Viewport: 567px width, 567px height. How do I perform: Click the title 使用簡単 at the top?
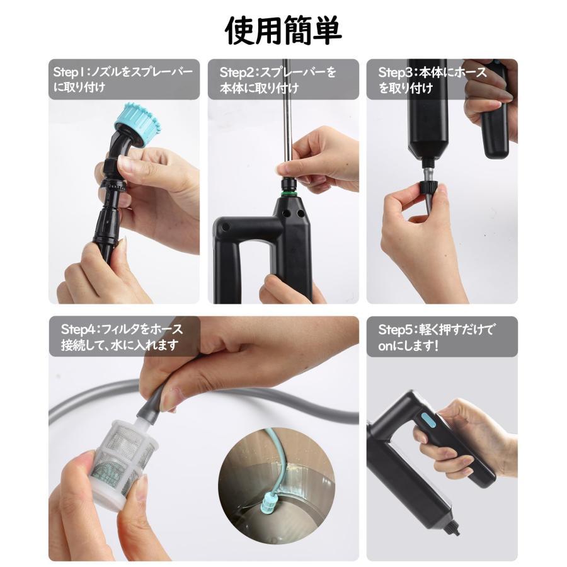pos(283,30)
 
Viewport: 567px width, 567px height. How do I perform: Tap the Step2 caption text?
pos(277,80)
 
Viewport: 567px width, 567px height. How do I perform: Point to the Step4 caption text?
pos(123,337)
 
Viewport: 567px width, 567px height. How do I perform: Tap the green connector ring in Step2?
pos(289,188)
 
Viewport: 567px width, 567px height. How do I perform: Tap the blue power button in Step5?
pos(425,420)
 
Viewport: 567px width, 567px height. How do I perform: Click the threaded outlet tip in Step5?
pos(454,528)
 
